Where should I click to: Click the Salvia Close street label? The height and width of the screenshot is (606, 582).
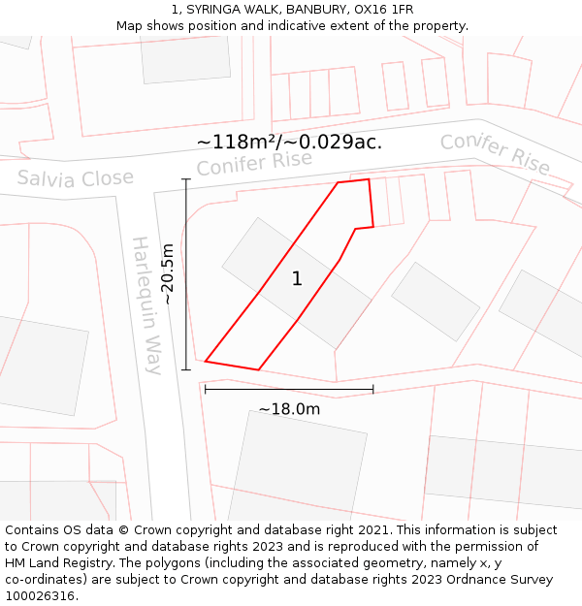[75, 179]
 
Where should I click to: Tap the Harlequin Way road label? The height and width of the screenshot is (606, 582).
[147, 304]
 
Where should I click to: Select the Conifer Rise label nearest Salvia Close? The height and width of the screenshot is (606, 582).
[254, 163]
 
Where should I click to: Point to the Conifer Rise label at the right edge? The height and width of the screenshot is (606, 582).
[495, 153]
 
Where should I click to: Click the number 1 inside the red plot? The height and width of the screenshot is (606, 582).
[297, 279]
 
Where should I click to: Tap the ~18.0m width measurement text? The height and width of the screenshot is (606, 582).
[289, 409]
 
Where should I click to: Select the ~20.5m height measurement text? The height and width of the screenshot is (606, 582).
[168, 274]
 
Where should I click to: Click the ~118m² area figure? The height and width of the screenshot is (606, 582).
[239, 142]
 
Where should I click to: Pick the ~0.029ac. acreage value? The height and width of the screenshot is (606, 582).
[334, 142]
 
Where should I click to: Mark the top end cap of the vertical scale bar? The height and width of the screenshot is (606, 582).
[185, 179]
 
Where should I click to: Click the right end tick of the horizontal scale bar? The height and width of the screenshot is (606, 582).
[373, 390]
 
